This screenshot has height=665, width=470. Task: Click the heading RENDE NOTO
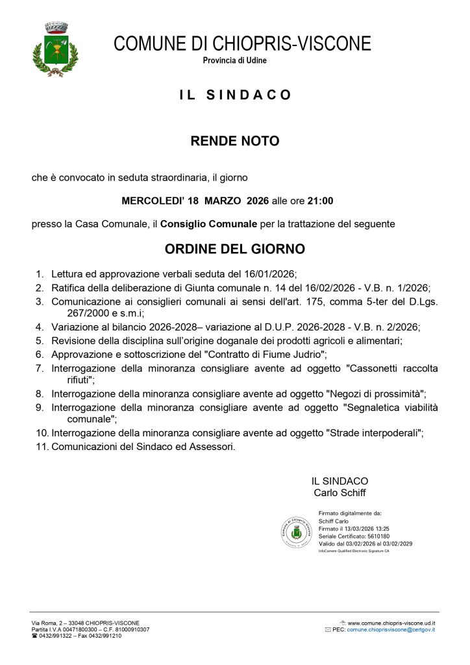click(235, 141)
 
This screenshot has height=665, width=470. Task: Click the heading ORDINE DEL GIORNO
click(235, 249)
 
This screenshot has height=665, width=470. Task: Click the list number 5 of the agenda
click(40, 340)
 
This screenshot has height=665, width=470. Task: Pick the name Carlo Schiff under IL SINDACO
click(340, 493)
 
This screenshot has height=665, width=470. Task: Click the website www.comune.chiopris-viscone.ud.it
click(391, 623)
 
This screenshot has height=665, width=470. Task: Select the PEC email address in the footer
click(391, 630)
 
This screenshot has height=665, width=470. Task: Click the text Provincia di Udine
click(235, 60)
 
